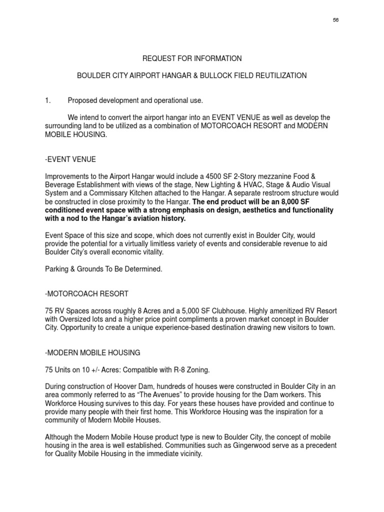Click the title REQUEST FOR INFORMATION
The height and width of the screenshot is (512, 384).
(192, 58)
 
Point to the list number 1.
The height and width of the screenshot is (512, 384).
(48, 100)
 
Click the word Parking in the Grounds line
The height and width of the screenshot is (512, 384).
(58, 269)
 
